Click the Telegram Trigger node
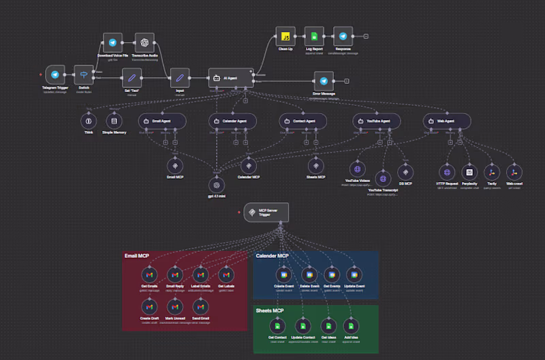[x=54, y=76]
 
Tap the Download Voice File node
[x=112, y=42]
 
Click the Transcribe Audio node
[x=144, y=42]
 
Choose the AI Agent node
[x=231, y=78]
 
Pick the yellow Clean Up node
[x=285, y=37]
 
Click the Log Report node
[x=314, y=37]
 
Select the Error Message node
[x=324, y=80]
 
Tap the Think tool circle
[x=88, y=121]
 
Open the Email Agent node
[x=162, y=121]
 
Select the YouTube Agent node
[x=376, y=121]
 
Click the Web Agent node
[x=446, y=121]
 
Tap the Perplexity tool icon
[x=468, y=172]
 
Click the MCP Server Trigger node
[x=266, y=213]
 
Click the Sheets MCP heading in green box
[x=270, y=310]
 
